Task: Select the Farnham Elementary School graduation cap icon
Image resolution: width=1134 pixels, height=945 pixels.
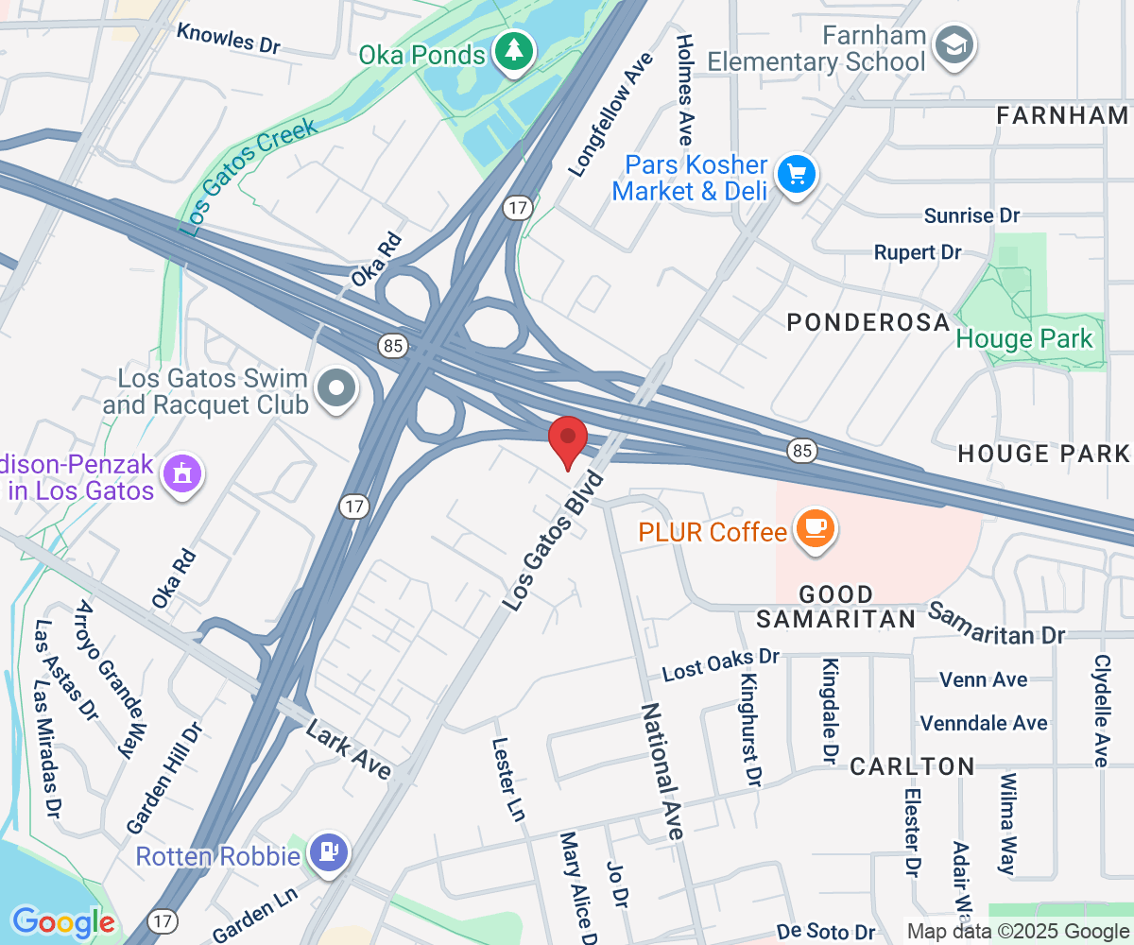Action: click(x=954, y=43)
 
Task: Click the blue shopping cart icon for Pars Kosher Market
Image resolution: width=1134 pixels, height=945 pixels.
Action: click(x=796, y=175)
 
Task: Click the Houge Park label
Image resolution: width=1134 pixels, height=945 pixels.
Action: click(x=1024, y=338)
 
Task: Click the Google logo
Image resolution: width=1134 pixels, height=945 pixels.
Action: click(x=62, y=921)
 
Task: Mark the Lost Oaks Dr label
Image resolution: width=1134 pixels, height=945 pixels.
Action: click(x=720, y=664)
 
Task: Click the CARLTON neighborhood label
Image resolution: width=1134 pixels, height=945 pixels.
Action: click(x=912, y=766)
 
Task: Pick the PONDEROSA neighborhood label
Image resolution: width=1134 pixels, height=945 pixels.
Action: click(x=868, y=322)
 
